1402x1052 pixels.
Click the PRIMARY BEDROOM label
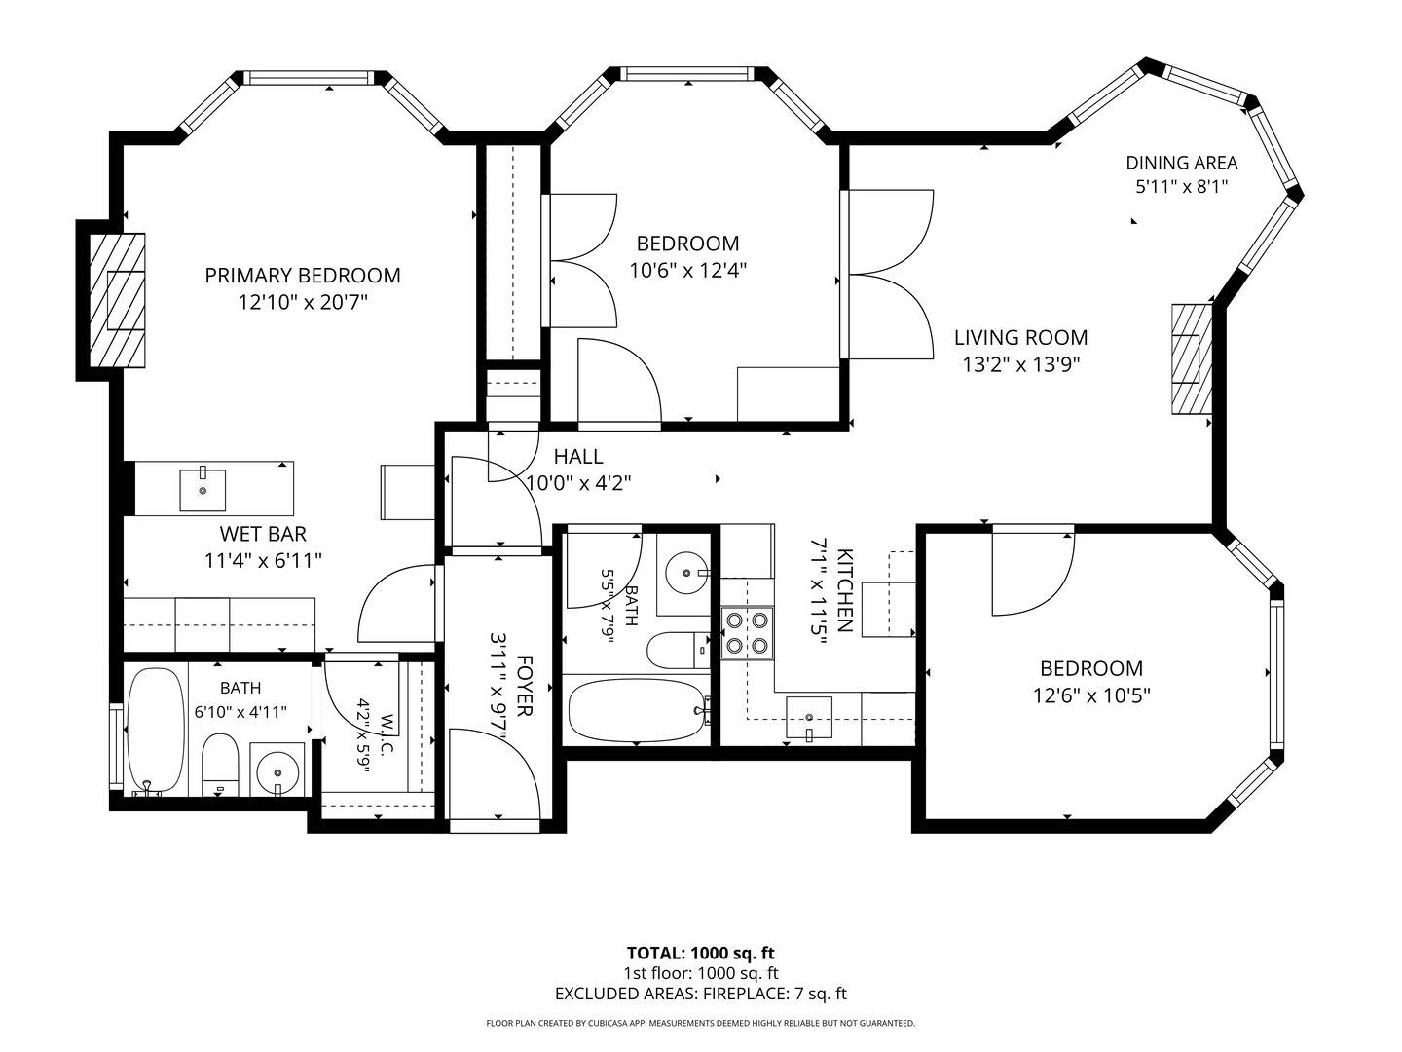[x=302, y=276]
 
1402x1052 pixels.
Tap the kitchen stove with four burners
[x=747, y=632]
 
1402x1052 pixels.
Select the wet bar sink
[x=203, y=490]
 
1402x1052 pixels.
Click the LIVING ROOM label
[x=1020, y=337]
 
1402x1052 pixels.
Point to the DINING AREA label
[x=1182, y=163]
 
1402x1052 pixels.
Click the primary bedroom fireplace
[x=117, y=300]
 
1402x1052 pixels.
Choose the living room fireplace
[x=1192, y=358]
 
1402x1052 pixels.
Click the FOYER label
[x=524, y=686]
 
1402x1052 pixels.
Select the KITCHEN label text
[x=844, y=590]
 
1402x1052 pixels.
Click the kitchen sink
[x=809, y=718]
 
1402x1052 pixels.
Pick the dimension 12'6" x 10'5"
[x=1091, y=695]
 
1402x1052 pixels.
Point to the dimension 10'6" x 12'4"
[x=688, y=270]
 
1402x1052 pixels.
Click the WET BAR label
[x=263, y=534]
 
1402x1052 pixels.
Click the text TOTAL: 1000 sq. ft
[x=701, y=953]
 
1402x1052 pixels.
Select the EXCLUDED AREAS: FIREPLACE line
[x=701, y=994]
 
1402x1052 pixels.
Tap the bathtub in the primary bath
[x=156, y=731]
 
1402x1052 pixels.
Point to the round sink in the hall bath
[x=686, y=572]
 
